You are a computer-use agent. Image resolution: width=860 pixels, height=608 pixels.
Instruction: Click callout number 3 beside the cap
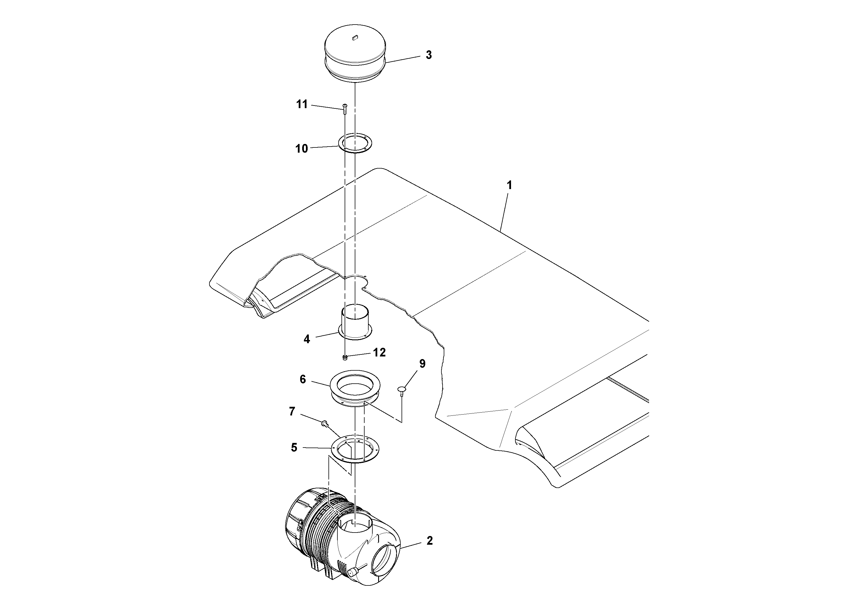(x=428, y=55)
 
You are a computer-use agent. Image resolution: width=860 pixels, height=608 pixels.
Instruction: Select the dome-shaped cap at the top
(x=355, y=53)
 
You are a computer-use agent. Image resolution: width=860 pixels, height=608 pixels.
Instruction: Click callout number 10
(x=302, y=149)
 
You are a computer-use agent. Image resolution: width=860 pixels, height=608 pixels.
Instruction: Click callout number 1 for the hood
(x=509, y=185)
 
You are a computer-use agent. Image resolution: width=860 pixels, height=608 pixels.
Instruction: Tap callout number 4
(x=307, y=339)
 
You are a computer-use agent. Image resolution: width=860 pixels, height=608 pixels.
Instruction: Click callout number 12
(x=379, y=352)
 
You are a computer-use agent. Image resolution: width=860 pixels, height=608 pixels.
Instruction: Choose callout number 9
(x=422, y=364)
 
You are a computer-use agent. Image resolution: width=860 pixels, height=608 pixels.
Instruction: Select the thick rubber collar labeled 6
(x=355, y=388)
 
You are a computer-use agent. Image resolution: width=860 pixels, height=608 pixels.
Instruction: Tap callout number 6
(x=303, y=379)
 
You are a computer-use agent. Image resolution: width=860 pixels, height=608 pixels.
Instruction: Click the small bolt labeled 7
(x=325, y=424)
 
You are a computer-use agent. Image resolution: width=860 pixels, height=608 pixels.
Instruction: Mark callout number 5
(x=294, y=448)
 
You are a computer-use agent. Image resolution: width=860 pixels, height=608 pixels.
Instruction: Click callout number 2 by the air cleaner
(x=429, y=541)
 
